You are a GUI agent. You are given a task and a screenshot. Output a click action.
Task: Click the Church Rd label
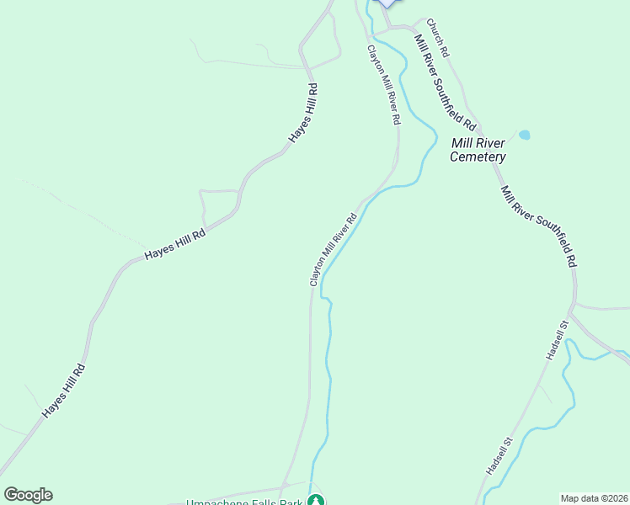click(x=438, y=38)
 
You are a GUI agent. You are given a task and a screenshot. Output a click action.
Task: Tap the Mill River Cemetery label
click(x=478, y=150)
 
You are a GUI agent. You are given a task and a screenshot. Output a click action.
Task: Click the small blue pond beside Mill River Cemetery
click(x=525, y=135)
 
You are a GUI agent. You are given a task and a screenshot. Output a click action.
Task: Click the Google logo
click(x=28, y=494)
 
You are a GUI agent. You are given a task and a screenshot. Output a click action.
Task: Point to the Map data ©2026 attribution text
click(x=594, y=498)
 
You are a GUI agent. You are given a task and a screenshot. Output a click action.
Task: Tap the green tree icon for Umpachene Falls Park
click(x=316, y=500)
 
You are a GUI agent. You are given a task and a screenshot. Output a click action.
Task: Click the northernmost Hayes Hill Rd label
click(x=302, y=112)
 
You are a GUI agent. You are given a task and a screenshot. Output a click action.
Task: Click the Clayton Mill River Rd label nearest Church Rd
click(x=382, y=86)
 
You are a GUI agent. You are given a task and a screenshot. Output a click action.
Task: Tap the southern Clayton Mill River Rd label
click(x=334, y=250)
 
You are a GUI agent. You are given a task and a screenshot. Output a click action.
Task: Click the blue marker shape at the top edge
click(x=386, y=3)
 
